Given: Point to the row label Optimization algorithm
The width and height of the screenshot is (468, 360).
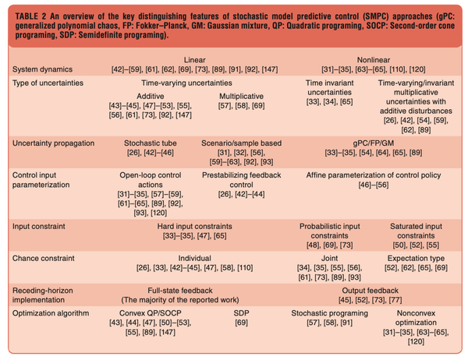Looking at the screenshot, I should [51, 312].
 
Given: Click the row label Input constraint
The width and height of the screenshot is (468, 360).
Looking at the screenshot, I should [38, 224].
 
